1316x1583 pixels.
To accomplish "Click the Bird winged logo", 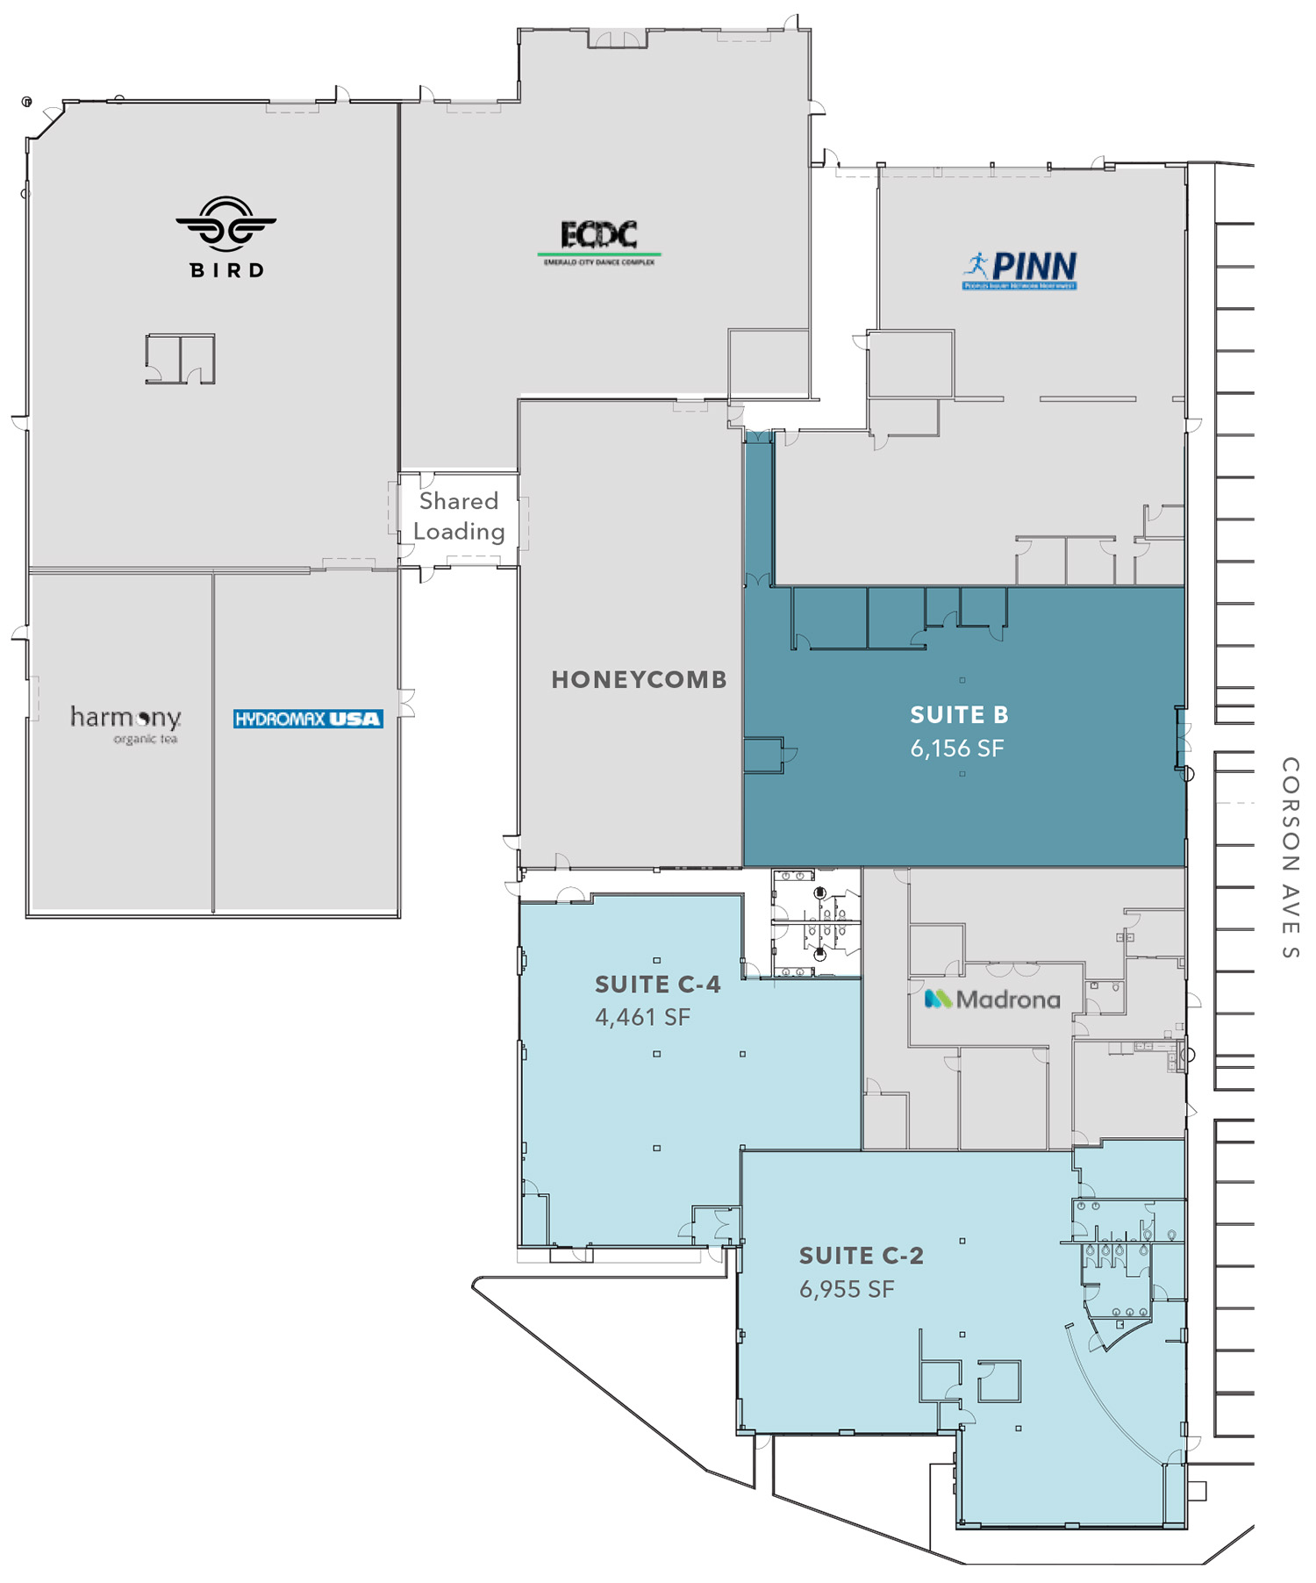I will point(225,225).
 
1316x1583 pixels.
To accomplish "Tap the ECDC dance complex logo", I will point(599,241).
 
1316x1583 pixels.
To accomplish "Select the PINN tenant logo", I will point(1019,269).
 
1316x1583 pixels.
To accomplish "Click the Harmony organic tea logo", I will point(126,723).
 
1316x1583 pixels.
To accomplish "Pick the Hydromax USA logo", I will point(308,720).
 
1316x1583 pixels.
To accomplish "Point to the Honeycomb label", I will point(639,680).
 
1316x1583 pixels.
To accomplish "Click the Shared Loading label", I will point(459,516).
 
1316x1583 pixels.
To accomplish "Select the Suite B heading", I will point(959,715).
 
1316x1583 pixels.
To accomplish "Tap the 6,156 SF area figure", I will point(956,749).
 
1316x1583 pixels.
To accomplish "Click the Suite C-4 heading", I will point(658,985).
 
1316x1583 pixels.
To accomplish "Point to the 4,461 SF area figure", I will point(642,1017).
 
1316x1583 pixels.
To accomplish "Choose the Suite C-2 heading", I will point(861,1256).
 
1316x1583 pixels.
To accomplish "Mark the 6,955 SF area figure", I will point(847,1289).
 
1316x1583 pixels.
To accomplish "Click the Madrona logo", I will point(992,999).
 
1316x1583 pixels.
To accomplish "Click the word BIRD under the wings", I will point(227,270).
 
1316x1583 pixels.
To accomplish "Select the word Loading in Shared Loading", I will point(459,532).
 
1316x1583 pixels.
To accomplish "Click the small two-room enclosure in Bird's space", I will point(180,358).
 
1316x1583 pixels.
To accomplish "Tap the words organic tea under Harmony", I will point(145,739).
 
